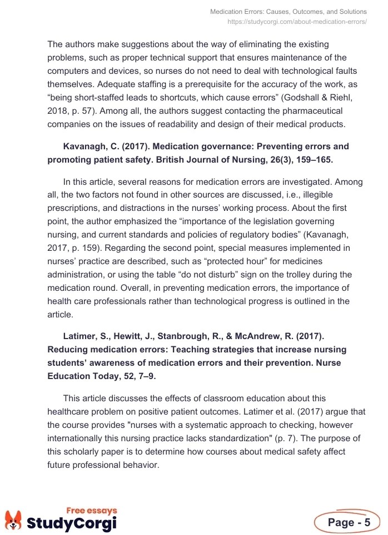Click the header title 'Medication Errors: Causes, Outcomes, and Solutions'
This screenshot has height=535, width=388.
coord(288,12)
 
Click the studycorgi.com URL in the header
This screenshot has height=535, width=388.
coord(297,22)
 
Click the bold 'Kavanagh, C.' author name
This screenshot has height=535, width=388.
coord(90,147)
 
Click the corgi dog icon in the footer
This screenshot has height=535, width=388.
coord(13,520)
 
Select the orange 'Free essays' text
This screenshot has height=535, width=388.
coord(92,511)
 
